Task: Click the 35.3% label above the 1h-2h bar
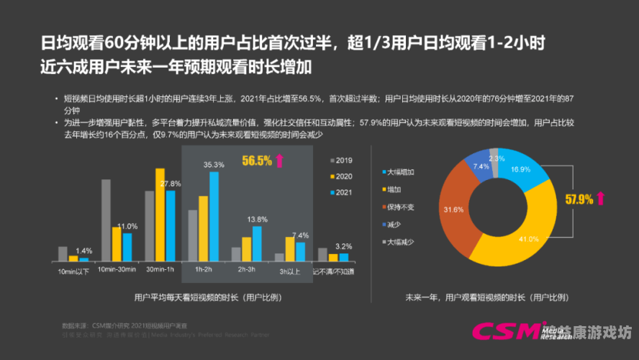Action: [x=214, y=165]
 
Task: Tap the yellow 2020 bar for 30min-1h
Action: [x=160, y=214]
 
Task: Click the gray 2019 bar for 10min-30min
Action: [x=106, y=220]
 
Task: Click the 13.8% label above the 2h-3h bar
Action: [x=257, y=219]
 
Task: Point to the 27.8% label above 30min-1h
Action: [x=171, y=184]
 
